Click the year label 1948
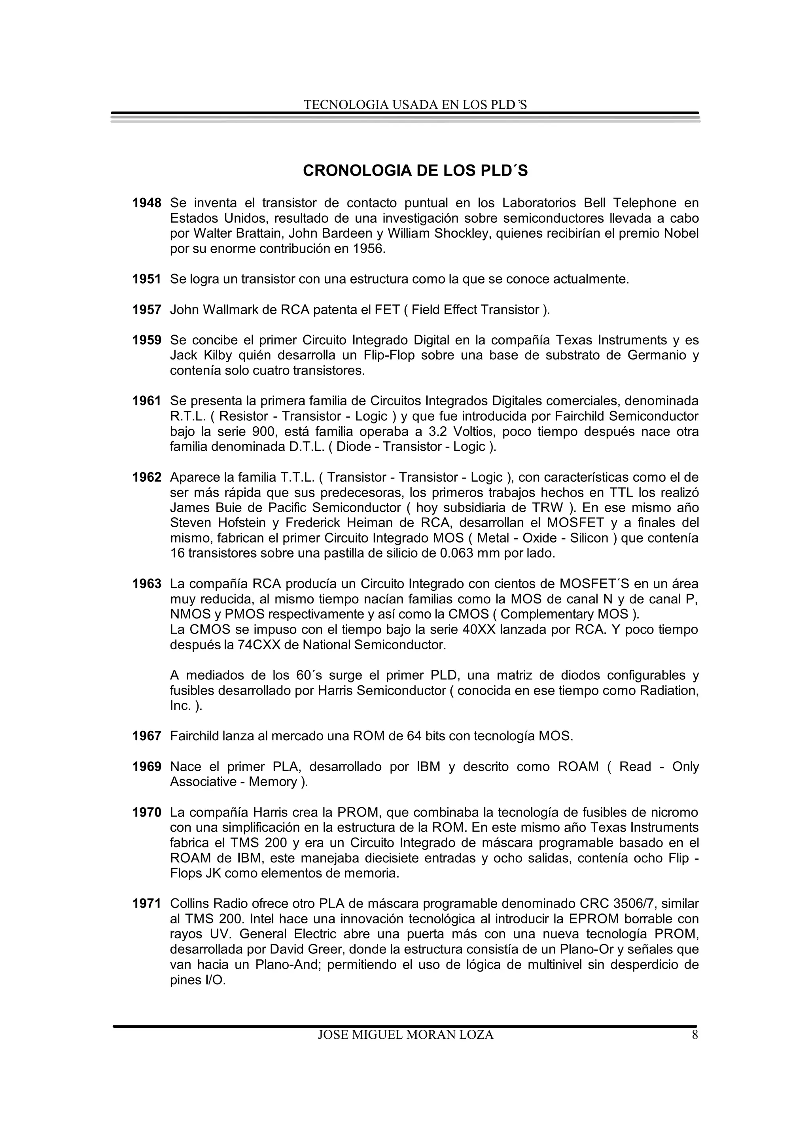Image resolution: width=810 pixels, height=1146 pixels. [147, 203]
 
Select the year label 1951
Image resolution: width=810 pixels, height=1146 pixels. [147, 279]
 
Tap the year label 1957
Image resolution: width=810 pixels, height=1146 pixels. [147, 310]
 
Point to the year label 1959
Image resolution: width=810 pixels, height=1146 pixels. [147, 340]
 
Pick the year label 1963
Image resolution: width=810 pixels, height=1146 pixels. [147, 584]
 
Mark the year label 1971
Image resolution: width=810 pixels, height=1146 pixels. [147, 904]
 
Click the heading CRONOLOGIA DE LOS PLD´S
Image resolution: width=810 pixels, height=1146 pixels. [415, 171]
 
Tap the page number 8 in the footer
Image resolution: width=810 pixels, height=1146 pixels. [695, 1035]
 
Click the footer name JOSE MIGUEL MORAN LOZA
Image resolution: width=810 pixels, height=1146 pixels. [405, 1035]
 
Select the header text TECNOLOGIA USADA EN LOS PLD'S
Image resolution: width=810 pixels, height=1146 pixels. [415, 105]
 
